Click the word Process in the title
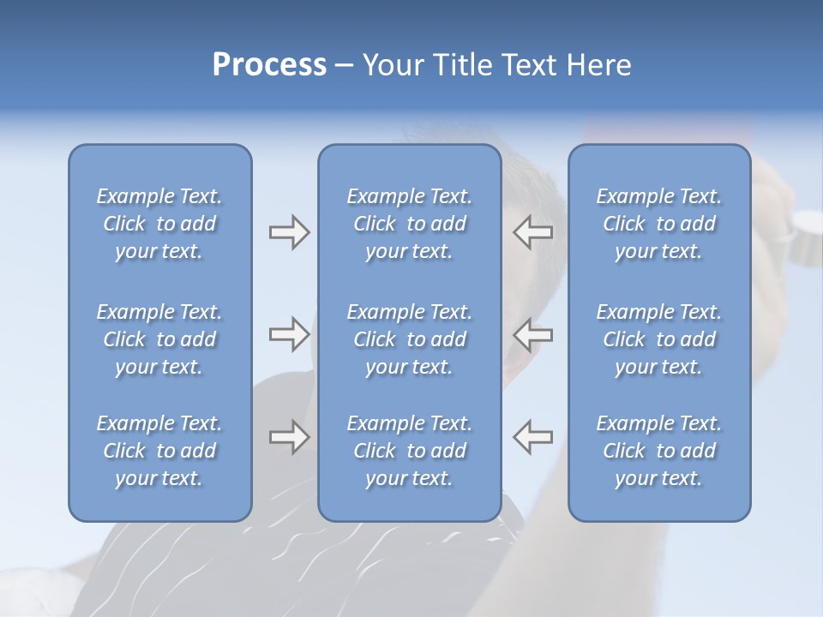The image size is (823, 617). [269, 65]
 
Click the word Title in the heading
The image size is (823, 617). [461, 65]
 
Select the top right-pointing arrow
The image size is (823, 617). [289, 232]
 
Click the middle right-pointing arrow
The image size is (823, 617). [289, 334]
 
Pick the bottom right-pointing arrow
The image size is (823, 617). [289, 437]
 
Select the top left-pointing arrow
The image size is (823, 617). [532, 232]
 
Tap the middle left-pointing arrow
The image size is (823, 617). [532, 334]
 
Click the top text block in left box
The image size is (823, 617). [159, 224]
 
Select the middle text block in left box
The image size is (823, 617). [159, 339]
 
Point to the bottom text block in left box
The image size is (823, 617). [159, 451]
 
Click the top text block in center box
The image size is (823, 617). [409, 224]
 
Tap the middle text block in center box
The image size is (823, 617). [409, 339]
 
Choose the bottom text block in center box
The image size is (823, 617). [409, 451]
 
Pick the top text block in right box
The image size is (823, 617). [658, 224]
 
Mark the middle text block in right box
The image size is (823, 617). [658, 339]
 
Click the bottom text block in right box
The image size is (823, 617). [658, 451]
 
